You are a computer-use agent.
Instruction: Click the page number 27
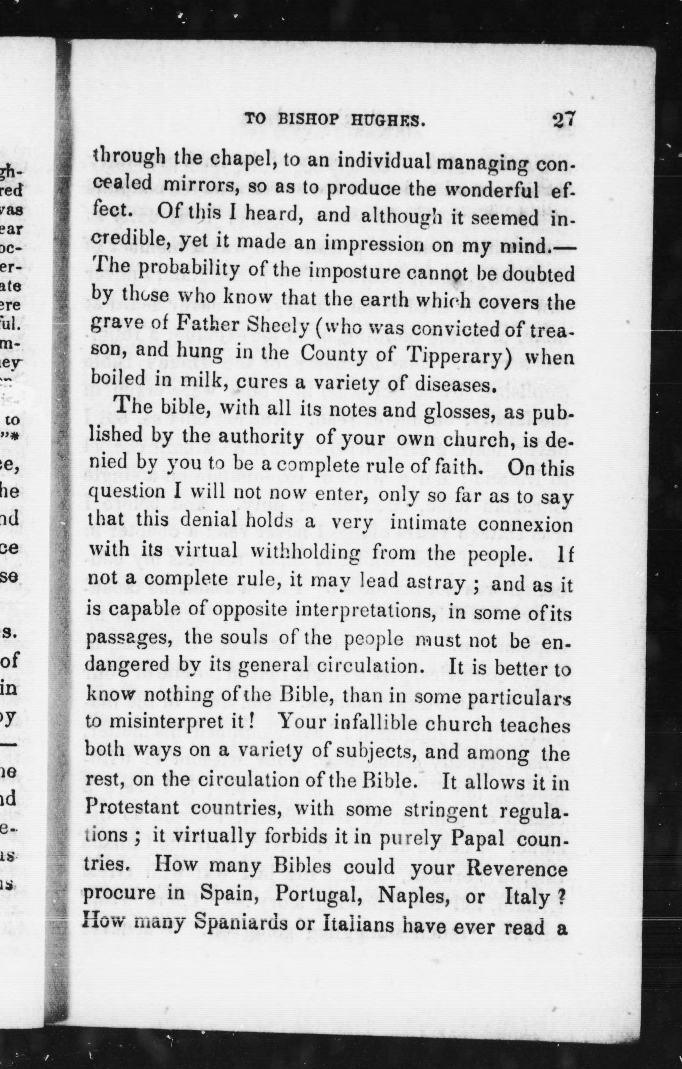[564, 120]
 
